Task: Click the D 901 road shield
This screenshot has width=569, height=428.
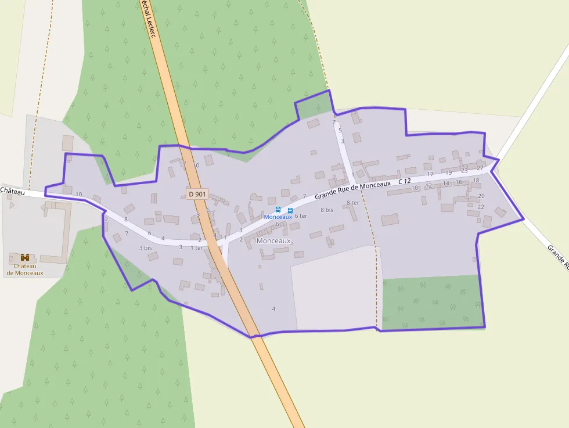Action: pos(197,194)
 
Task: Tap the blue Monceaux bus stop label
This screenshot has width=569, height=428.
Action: pos(278,217)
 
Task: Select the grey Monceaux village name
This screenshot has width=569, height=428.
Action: pos(273,240)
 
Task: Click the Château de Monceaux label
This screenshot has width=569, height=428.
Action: pos(25,269)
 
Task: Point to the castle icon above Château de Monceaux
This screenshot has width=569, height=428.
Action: pos(25,257)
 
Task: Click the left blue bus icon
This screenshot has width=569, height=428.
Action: pos(278,210)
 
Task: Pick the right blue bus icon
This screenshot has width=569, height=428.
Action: pos(290,210)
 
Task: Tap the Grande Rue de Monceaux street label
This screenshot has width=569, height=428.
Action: pos(354,189)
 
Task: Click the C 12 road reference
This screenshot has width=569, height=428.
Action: pos(405,182)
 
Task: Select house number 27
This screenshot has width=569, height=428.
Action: pos(480,168)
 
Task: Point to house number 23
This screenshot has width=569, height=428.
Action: pos(464,171)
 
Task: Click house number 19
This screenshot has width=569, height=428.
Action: pos(448,173)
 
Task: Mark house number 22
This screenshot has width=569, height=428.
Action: pos(481,207)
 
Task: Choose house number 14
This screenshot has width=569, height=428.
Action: pos(446,184)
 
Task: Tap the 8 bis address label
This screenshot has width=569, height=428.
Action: pos(327,210)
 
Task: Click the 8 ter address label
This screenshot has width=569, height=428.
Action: pos(352,203)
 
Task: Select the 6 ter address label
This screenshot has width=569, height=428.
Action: pos(301,216)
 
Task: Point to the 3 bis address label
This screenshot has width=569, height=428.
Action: pos(145,248)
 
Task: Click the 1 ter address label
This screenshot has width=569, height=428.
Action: pos(197,248)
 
